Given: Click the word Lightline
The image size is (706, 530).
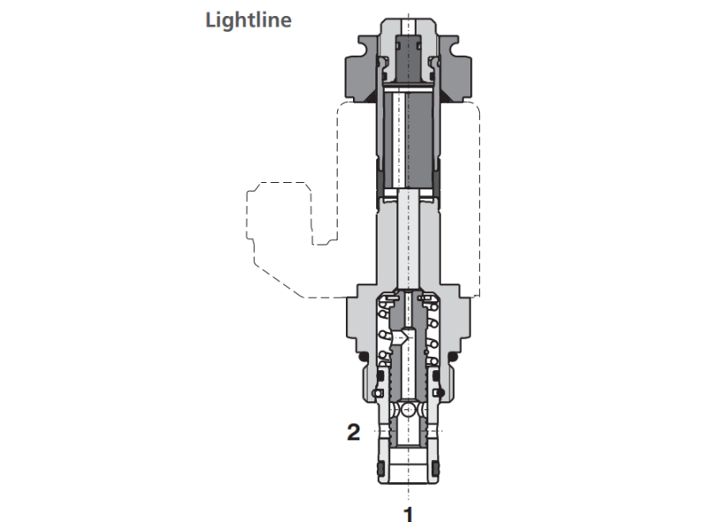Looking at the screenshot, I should [248, 19].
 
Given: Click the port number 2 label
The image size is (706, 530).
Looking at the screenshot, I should [353, 432].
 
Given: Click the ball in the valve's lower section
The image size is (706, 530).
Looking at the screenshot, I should [408, 413].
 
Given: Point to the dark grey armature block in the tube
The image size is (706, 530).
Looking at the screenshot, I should [408, 141].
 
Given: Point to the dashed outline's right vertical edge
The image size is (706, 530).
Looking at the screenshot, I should [479, 203].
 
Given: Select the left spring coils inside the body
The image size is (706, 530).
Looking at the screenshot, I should [383, 340].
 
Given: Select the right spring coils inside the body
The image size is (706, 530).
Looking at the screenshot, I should [432, 340].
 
